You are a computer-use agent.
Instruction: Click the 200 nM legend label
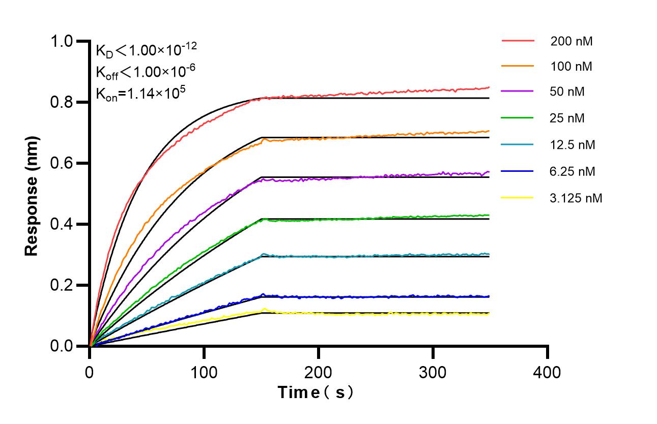[x=571, y=41]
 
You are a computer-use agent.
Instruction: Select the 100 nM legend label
[x=571, y=66]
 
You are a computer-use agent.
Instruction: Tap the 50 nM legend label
[x=567, y=92]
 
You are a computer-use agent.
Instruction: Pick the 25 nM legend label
[x=567, y=118]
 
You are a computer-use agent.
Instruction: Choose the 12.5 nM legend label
[x=573, y=145]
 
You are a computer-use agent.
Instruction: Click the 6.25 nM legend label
[x=573, y=171]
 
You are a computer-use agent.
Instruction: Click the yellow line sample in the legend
[x=518, y=197]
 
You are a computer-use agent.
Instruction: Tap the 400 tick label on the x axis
[x=547, y=372]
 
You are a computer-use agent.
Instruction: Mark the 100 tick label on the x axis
[x=204, y=372]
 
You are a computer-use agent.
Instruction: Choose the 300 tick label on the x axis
[x=433, y=372]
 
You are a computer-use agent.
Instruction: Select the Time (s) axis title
[x=316, y=392]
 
